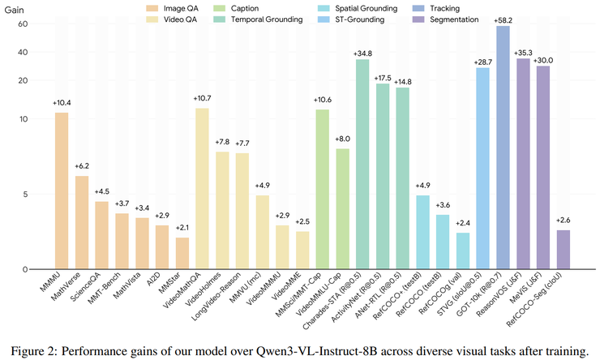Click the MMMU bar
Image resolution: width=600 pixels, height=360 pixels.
click(62, 191)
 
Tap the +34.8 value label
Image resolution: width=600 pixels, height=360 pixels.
click(362, 53)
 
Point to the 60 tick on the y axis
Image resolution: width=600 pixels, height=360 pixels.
click(24, 24)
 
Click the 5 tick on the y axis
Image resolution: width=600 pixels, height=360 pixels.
click(26, 194)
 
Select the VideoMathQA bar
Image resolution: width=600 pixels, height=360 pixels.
click(202, 188)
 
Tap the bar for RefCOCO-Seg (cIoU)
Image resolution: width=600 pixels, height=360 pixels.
click(563, 250)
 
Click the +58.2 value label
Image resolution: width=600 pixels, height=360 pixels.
click(503, 19)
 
